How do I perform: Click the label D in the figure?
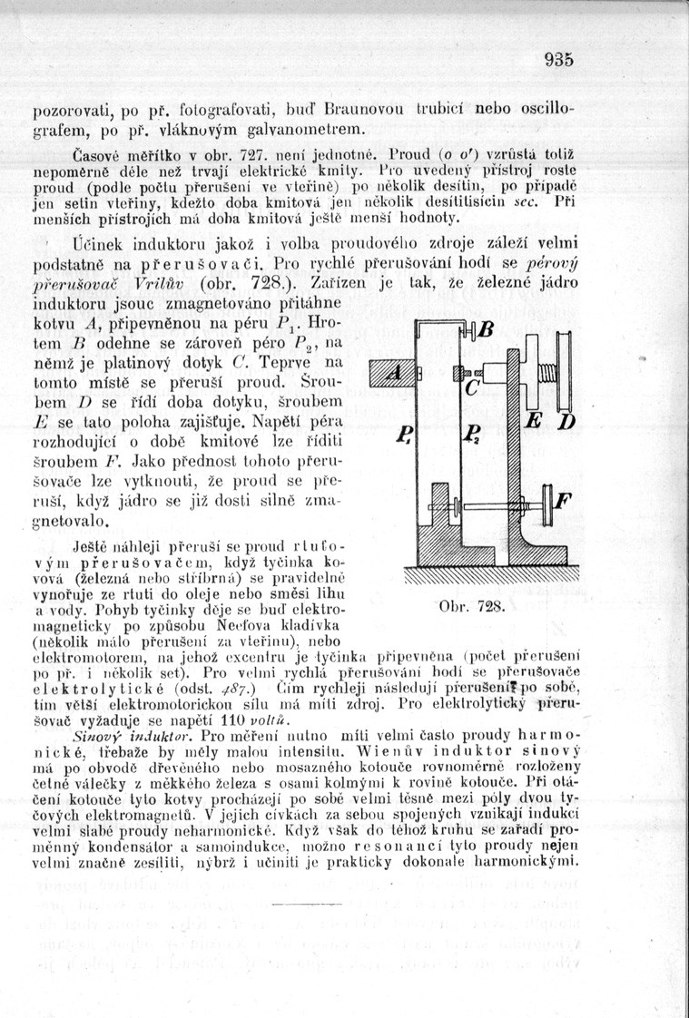point(566,425)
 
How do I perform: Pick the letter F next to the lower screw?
point(564,499)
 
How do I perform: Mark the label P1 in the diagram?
point(405,436)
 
